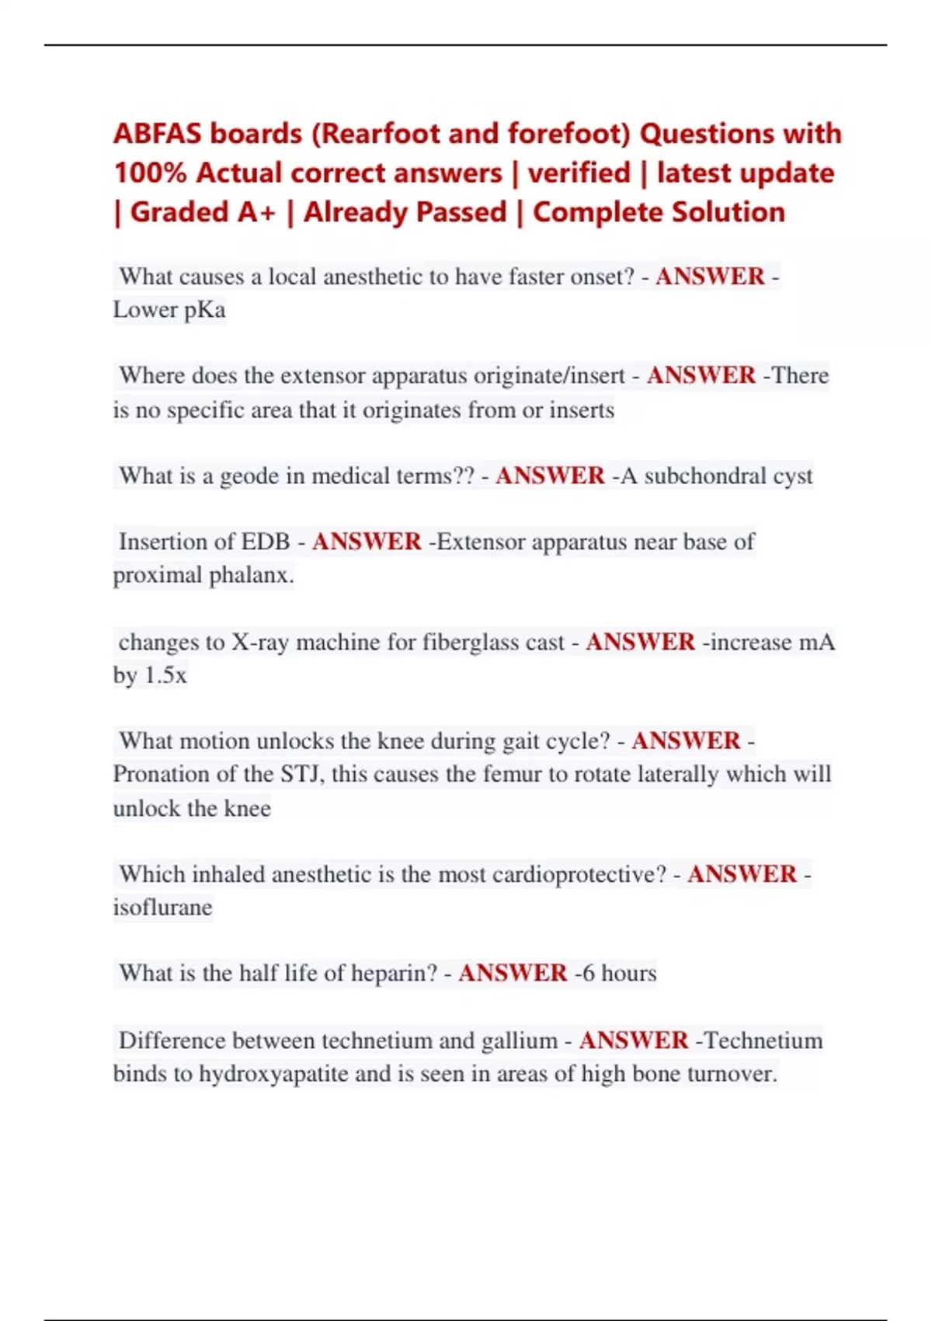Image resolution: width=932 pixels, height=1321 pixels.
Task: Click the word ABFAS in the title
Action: (158, 134)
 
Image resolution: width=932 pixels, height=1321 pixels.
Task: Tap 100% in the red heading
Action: (150, 173)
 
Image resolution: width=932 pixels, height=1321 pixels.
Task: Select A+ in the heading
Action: (257, 212)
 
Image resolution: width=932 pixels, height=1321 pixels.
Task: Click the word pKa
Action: (204, 310)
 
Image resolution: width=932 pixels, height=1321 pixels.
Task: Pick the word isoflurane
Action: (162, 907)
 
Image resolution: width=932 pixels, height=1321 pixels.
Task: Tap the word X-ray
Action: (260, 642)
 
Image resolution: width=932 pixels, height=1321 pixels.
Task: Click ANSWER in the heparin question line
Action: (513, 973)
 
